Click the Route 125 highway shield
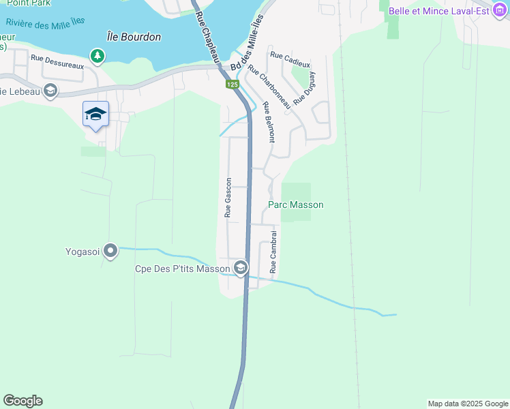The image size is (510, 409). pyautogui.click(x=232, y=84)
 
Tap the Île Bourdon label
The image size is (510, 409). pyautogui.click(x=134, y=37)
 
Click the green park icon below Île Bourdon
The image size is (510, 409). pyautogui.click(x=98, y=55)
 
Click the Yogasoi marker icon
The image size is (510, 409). pyautogui.click(x=110, y=251)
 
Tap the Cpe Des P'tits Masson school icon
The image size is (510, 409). pyautogui.click(x=240, y=269)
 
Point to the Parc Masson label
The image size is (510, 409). pyautogui.click(x=295, y=204)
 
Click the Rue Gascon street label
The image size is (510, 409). pyautogui.click(x=228, y=197)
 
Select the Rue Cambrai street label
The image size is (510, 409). pyautogui.click(x=273, y=252)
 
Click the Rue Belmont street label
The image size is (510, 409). pyautogui.click(x=269, y=122)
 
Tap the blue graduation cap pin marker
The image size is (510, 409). pyautogui.click(x=95, y=115)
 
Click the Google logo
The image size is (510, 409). pyautogui.click(x=22, y=401)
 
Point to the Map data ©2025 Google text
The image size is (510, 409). pyautogui.click(x=467, y=404)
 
